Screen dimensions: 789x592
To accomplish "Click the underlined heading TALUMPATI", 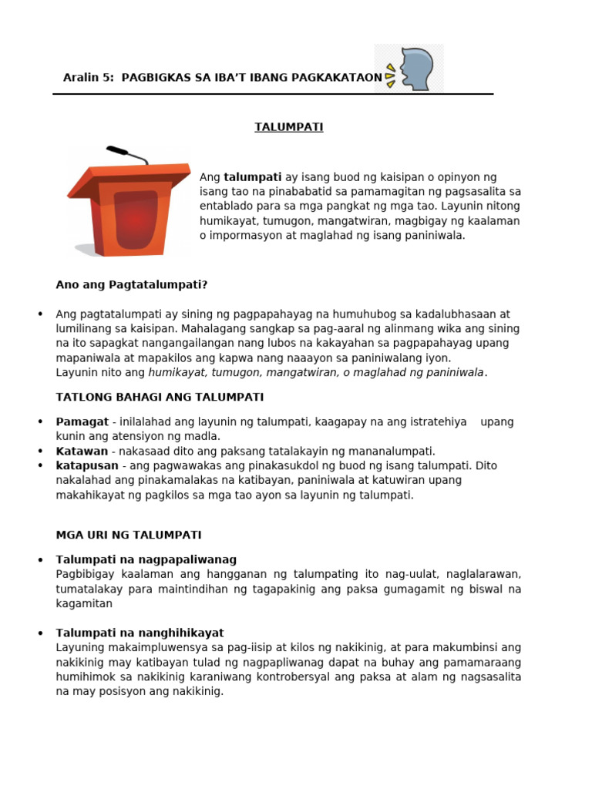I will pos(289,127).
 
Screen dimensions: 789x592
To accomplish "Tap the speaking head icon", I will pos(409,69).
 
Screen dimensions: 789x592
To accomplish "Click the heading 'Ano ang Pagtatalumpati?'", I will pos(132,284).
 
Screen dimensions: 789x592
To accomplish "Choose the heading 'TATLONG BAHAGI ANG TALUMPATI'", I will pos(160,397).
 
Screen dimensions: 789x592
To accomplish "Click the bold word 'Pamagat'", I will pos(82,421).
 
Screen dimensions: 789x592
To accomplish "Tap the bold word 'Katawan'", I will pos(82,451).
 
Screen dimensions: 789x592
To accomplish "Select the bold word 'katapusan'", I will pos(87,465).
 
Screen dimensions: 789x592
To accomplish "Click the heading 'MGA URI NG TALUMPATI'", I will pos(129,534).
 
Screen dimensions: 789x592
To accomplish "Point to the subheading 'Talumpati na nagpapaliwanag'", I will pos(146,559).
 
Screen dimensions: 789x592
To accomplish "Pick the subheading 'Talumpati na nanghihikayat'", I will pos(140,633).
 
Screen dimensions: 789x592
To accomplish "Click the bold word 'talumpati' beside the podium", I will pos(252,177).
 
